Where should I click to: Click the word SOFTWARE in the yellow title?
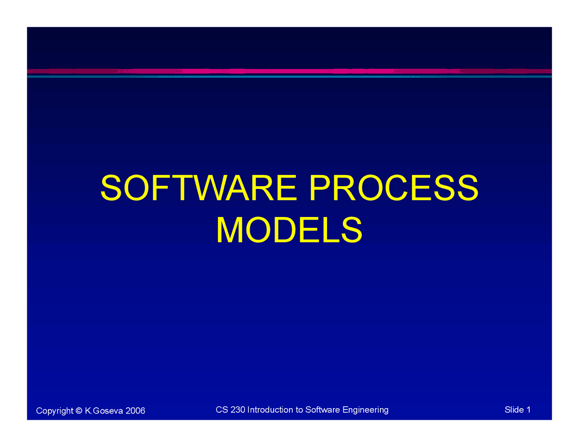[198, 188]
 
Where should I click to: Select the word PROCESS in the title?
[393, 188]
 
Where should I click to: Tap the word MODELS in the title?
[289, 230]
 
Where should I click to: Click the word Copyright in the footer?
[54, 411]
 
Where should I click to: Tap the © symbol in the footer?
[79, 410]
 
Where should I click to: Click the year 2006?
[135, 410]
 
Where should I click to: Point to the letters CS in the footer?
[222, 409]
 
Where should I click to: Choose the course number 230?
[237, 409]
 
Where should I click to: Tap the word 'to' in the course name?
[299, 409]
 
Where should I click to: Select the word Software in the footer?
[323, 409]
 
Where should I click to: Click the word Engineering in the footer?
[365, 410]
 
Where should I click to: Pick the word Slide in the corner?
[514, 409]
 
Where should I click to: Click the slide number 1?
[528, 409]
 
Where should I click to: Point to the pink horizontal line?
[289, 71]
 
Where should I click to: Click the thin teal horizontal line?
[289, 76]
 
